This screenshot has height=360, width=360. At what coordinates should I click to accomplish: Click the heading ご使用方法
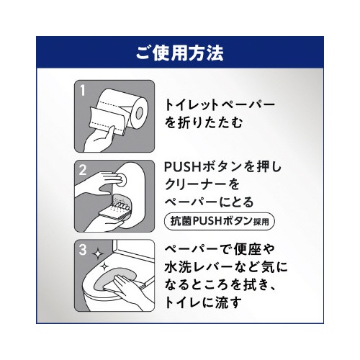pyautogui.click(x=179, y=53)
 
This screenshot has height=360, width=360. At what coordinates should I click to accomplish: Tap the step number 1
pyautogui.click(x=83, y=91)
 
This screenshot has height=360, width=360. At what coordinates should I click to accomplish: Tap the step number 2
pyautogui.click(x=83, y=170)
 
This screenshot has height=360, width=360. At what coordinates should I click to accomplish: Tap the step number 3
pyautogui.click(x=83, y=250)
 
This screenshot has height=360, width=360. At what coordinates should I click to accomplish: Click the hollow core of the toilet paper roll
pyautogui.click(x=140, y=113)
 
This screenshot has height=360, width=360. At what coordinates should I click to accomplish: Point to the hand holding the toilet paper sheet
pyautogui.click(x=99, y=140)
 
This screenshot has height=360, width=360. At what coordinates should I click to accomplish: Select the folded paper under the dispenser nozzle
pyautogui.click(x=113, y=214)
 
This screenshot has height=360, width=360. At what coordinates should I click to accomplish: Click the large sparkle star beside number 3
pyautogui.click(x=97, y=253)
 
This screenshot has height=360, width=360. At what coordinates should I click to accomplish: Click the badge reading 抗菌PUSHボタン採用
pyautogui.click(x=220, y=221)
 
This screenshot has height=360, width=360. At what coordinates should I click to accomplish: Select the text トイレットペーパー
pyautogui.click(x=220, y=105)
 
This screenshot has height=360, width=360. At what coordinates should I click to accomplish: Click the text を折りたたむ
pyautogui.click(x=204, y=122)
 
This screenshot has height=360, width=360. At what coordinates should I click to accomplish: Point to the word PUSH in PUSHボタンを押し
pyautogui.click(x=182, y=167)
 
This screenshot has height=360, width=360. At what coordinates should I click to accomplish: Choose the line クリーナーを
pyautogui.click(x=202, y=184)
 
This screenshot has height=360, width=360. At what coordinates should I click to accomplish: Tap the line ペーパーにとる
pyautogui.click(x=209, y=202)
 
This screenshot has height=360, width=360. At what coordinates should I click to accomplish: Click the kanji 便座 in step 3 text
pyautogui.click(x=248, y=249)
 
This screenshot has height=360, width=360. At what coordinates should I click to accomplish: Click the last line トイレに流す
pyautogui.click(x=203, y=302)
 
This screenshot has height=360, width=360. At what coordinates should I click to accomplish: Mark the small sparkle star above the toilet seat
pyautogui.click(x=104, y=266)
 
